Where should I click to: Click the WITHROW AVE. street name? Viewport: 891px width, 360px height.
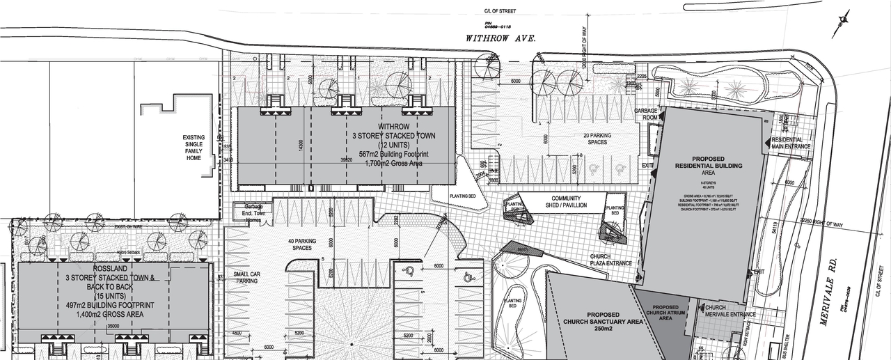(500, 40)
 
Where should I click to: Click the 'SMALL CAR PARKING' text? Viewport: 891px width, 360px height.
(248, 277)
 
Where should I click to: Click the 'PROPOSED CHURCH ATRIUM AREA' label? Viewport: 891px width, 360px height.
(665, 312)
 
